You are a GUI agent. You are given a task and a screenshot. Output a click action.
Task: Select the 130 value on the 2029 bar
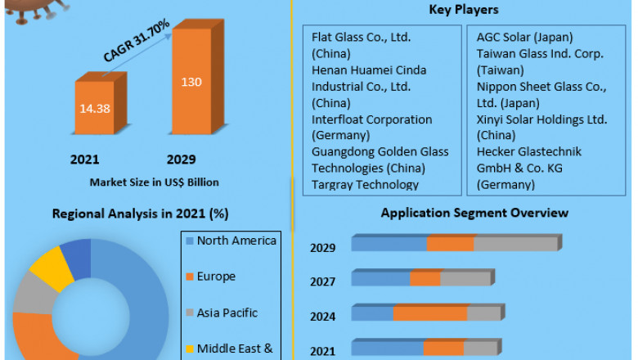[191, 82]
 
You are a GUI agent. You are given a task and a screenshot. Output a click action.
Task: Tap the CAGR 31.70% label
[137, 41]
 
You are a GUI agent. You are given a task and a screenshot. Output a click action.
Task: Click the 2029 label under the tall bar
[181, 159]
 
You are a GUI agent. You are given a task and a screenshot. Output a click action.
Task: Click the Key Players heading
[464, 10]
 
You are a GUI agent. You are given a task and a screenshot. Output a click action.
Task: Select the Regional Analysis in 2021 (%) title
[140, 214]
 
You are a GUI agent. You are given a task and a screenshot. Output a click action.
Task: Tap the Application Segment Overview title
[474, 214]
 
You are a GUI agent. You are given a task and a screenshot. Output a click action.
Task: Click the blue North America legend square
[190, 241]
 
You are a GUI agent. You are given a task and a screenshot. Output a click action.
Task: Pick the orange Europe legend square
[190, 277]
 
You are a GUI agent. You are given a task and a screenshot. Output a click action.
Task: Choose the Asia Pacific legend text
[227, 313]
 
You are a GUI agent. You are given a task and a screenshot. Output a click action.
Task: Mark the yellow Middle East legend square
[190, 349]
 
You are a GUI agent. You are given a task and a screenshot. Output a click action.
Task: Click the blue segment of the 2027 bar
[381, 279]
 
